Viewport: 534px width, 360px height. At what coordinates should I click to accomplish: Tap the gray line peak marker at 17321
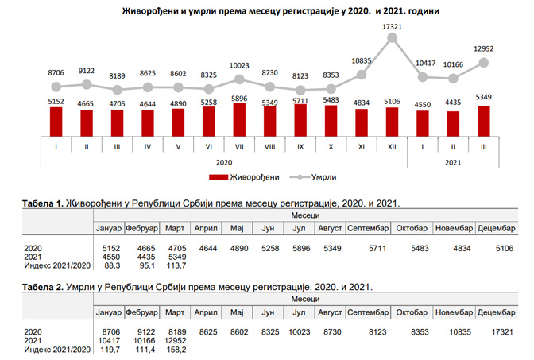click(x=392, y=37)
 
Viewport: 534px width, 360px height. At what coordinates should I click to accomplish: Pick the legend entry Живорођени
click(x=238, y=176)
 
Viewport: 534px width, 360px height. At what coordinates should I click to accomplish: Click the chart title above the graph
click(x=269, y=13)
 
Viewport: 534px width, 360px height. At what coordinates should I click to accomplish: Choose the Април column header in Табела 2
click(x=206, y=312)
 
